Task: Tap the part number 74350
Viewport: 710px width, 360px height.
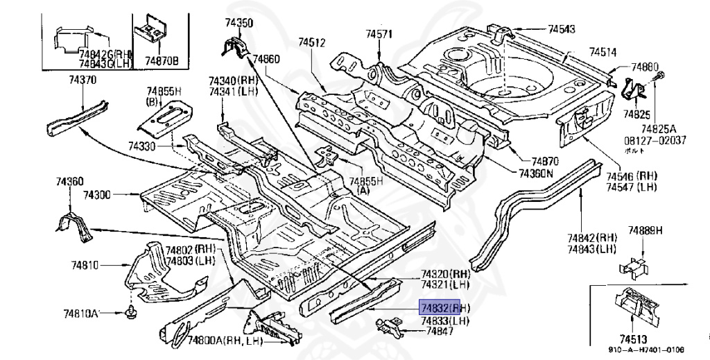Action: (237, 23)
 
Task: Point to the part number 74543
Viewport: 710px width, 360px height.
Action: (562, 29)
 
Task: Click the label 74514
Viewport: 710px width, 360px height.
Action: (603, 52)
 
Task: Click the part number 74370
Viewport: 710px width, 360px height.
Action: (63, 80)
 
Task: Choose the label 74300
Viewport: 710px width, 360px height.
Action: (97, 196)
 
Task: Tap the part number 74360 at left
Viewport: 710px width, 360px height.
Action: (69, 182)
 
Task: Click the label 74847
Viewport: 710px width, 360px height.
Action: (440, 332)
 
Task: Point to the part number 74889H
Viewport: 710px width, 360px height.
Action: (646, 230)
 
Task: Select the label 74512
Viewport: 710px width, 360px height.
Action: (312, 43)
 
